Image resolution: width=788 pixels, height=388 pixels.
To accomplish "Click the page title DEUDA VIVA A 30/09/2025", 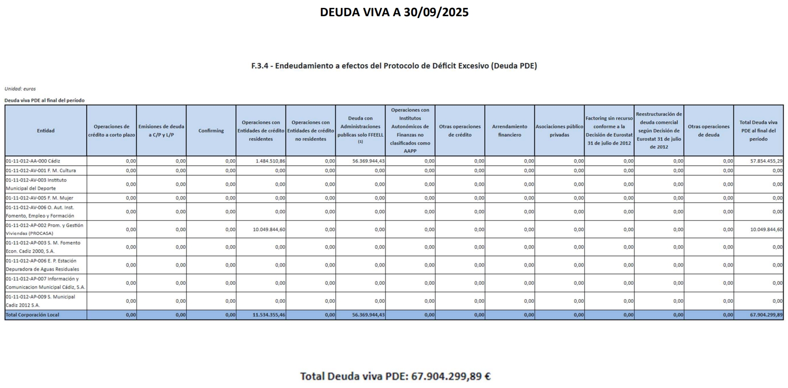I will point(394,13).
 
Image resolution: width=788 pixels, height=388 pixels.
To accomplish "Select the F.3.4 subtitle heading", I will point(394,66).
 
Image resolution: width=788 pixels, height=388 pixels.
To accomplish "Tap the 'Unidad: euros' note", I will point(20,89).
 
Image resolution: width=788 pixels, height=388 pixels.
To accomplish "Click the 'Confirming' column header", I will point(211,131).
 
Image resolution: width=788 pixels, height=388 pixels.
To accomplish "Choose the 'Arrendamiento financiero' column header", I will point(509,131).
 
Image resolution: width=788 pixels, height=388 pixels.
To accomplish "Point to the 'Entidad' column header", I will point(45,131).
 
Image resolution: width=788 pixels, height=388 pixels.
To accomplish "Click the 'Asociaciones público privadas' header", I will point(559,131).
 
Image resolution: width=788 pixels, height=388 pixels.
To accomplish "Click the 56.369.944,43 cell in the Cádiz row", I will point(368,161).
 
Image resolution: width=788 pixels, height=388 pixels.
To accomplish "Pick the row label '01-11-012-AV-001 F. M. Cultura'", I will point(41,170).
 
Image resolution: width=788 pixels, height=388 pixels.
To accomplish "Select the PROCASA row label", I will point(44,229).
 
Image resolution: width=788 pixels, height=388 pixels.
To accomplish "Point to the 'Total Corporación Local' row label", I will point(32,315).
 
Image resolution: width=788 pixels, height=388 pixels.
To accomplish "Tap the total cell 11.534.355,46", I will point(269,315).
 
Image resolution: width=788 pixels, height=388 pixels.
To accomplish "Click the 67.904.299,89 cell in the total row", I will point(766,315).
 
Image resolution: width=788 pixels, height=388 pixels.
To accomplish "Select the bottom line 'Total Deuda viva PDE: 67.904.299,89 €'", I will point(395,376).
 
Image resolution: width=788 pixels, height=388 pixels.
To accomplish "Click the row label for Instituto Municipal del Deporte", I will point(36,184).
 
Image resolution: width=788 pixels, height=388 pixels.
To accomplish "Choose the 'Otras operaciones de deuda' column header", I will point(708,131).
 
